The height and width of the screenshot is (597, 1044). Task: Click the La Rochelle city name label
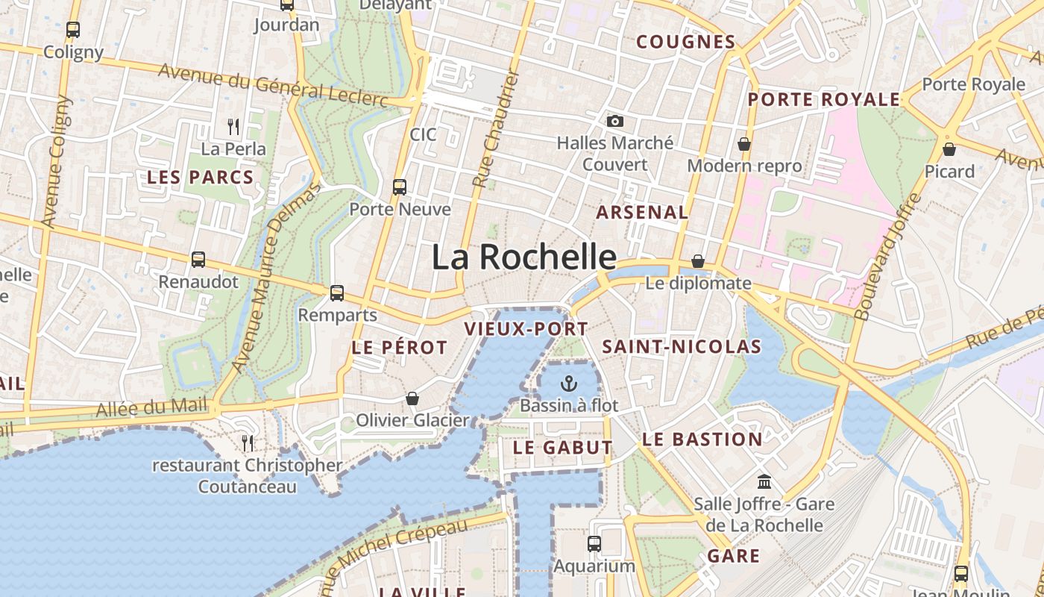524,257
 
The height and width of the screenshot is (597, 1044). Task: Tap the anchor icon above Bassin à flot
569,384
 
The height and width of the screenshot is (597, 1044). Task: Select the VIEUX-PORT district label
526,328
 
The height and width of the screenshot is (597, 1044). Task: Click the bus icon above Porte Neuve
400,187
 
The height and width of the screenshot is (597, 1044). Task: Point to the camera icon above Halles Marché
615,121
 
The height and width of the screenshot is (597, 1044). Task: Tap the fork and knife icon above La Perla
233,126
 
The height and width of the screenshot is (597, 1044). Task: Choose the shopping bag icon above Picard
949,149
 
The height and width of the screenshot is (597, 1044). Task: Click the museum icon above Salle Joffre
764,481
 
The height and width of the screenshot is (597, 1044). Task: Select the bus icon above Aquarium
594,544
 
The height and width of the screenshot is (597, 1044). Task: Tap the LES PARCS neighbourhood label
200,178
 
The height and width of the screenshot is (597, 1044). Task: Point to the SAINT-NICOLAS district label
682,347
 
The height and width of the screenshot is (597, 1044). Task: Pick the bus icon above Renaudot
198,260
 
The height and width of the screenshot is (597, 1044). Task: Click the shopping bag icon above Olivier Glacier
412,398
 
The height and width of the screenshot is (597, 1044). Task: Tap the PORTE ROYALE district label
824,100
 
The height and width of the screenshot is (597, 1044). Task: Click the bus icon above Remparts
337,293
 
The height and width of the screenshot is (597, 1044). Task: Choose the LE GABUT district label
563,448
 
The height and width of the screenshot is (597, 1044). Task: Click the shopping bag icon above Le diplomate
698,261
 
